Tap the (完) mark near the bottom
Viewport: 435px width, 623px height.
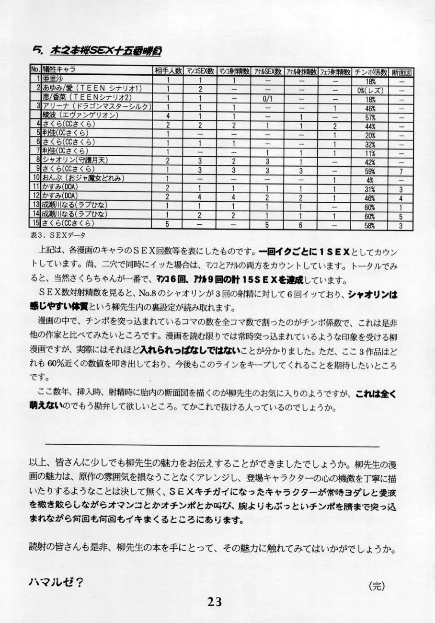point(377,586)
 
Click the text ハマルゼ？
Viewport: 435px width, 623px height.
point(57,582)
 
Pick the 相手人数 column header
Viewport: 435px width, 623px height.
point(168,71)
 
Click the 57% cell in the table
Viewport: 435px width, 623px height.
point(370,118)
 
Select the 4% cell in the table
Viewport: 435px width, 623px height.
point(370,181)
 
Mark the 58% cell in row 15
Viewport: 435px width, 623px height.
point(370,226)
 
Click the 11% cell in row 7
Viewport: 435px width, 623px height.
point(370,154)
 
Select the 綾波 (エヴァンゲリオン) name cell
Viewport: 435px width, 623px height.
point(80,115)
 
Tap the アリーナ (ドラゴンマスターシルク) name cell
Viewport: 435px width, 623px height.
point(96,106)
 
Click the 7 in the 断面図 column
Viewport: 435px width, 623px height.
point(401,172)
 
